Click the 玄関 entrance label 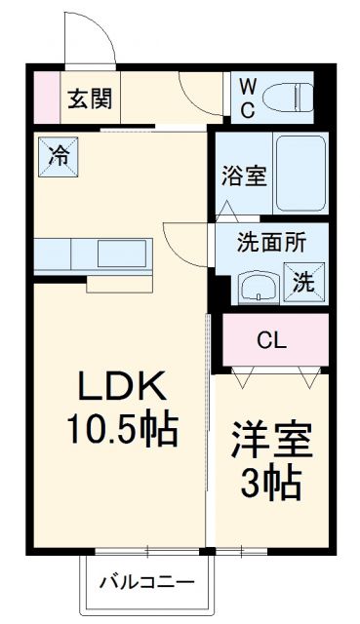point(89,97)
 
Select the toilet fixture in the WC point(291,97)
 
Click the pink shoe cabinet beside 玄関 point(44,97)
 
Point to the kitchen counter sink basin point(120,253)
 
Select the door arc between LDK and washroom point(185,239)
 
